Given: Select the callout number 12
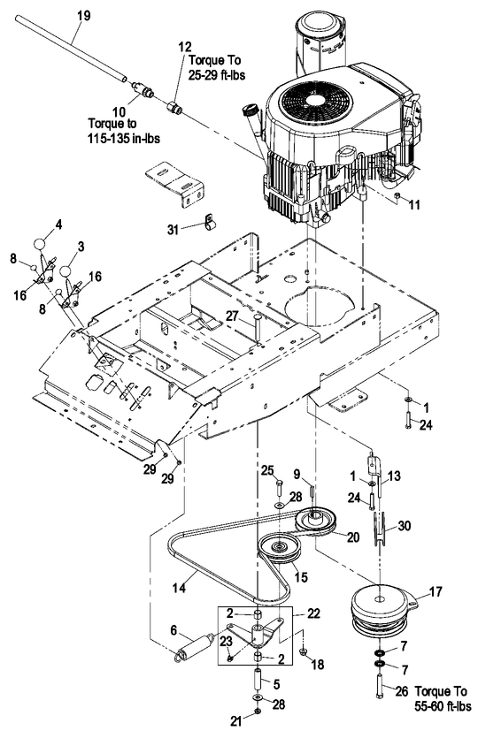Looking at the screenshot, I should pos(184,45).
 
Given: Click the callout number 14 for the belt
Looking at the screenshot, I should pos(181,586).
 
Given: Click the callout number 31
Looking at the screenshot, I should pos(173,229).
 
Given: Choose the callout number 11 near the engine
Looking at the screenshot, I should pos(416,203).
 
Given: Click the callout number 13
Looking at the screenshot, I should pos(394,476).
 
